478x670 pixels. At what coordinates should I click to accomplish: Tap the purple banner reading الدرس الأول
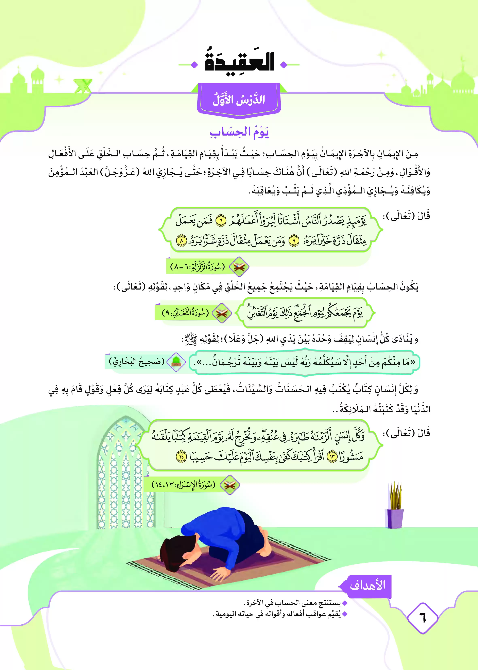tap(239, 100)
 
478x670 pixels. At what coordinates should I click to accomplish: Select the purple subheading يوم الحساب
tap(239, 132)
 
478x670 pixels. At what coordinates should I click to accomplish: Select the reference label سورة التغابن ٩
tap(185, 313)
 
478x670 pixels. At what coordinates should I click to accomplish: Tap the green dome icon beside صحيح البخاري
tap(176, 362)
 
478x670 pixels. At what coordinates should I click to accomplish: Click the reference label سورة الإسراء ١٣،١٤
tap(183, 485)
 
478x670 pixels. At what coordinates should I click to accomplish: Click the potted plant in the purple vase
tap(394, 506)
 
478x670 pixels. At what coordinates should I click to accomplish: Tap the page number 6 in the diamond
tap(423, 617)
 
